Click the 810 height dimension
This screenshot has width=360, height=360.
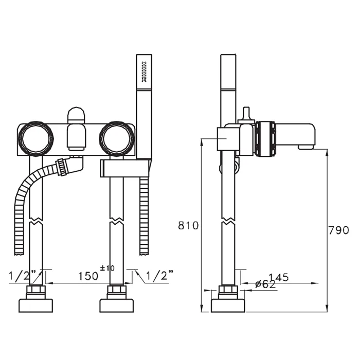pyautogui.click(x=188, y=225)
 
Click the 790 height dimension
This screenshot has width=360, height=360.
pyautogui.click(x=338, y=230)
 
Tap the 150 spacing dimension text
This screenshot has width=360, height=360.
pyautogui.click(x=88, y=276)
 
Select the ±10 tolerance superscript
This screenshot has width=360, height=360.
pyautogui.click(x=107, y=268)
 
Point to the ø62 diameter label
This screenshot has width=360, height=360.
pyautogui.click(x=265, y=284)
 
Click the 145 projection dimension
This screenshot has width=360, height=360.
pyautogui.click(x=279, y=277)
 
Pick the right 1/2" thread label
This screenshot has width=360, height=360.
pyautogui.click(x=160, y=275)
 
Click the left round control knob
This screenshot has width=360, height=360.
pyautogui.click(x=35, y=138)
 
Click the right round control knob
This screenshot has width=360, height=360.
pyautogui.click(x=117, y=138)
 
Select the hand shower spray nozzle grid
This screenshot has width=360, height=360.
pyautogui.click(x=144, y=71)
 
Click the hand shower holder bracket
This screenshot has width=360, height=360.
pyautogui.click(x=125, y=169)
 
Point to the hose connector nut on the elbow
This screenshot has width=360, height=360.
pyautogui.click(x=62, y=167)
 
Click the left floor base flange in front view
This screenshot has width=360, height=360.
pyautogui.click(x=35, y=305)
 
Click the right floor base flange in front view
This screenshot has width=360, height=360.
pyautogui.click(x=117, y=305)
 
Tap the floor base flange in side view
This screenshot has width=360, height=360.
pyautogui.click(x=228, y=305)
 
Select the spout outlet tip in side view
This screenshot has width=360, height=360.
pyautogui.click(x=307, y=147)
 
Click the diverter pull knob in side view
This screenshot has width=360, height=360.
pyautogui.click(x=246, y=115)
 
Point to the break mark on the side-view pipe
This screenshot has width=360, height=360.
pyautogui.click(x=228, y=220)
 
